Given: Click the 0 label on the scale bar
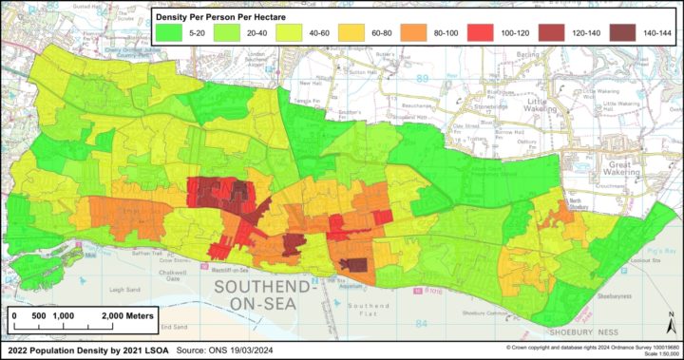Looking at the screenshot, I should tap(15, 317).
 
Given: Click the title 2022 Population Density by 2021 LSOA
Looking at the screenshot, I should tap(81, 351).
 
